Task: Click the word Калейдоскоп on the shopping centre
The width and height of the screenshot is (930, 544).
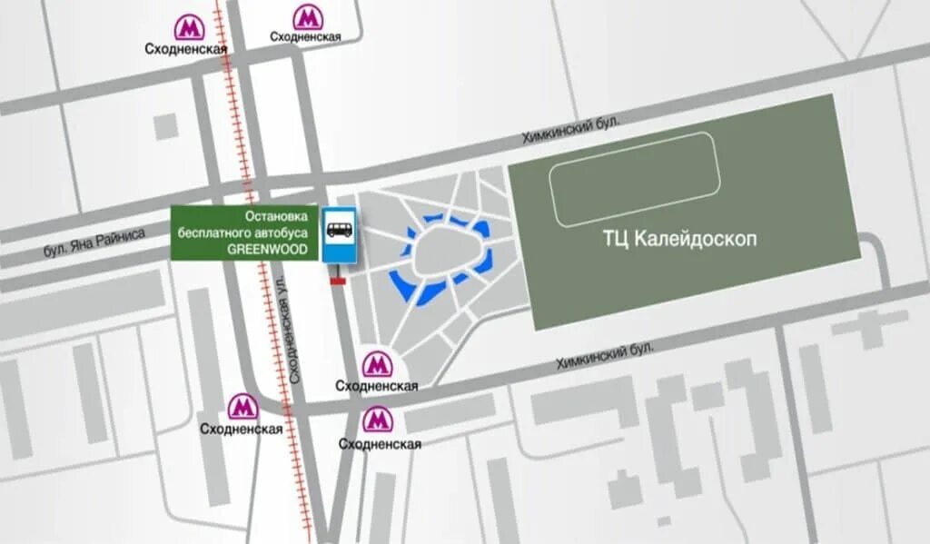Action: point(695,240)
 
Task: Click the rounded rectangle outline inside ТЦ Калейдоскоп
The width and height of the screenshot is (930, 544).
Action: point(635,178)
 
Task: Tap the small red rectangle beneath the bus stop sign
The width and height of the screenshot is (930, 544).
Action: point(338,282)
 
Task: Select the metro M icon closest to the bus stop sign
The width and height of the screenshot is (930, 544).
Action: point(375,365)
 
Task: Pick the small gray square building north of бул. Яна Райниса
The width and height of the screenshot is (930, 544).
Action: point(165,125)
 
